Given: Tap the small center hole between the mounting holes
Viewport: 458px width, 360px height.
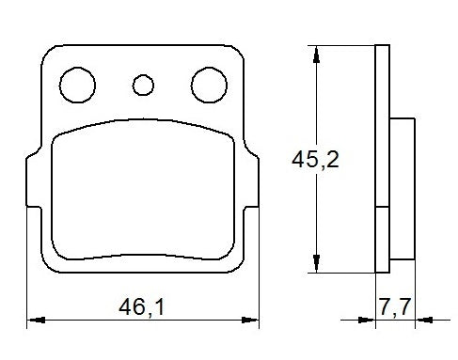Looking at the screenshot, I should tap(143, 86).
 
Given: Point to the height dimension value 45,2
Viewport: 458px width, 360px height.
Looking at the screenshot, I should tap(316, 160).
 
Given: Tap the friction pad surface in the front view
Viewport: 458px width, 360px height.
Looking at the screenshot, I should tap(143, 188).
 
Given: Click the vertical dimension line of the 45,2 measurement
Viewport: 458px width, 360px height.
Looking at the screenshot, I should tap(318, 113).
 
